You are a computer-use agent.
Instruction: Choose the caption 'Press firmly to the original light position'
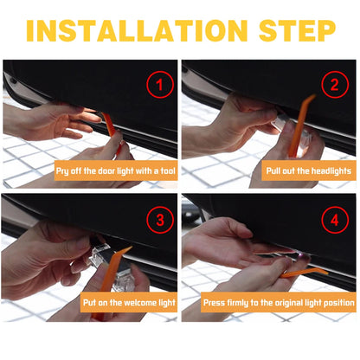278,303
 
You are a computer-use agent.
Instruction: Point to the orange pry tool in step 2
304,121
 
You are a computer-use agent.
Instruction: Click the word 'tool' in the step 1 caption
162,171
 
